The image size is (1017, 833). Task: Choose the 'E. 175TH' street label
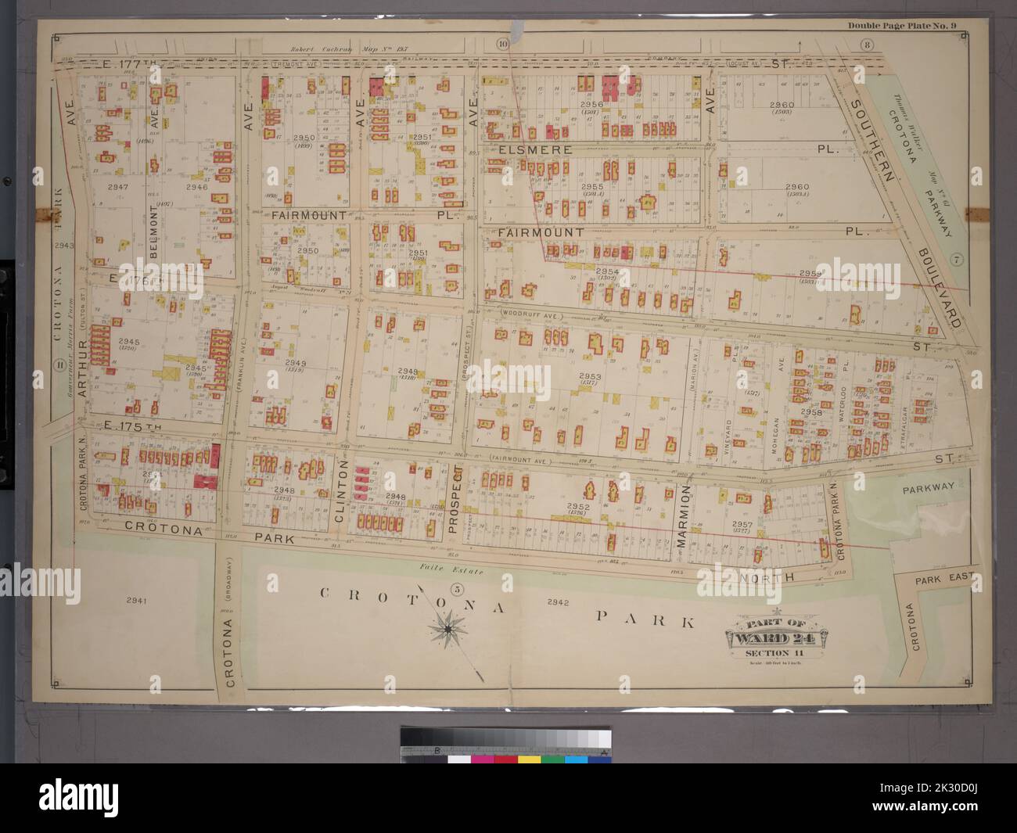point(134,427)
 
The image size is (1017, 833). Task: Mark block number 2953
point(589,376)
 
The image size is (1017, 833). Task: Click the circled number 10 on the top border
point(502,44)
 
